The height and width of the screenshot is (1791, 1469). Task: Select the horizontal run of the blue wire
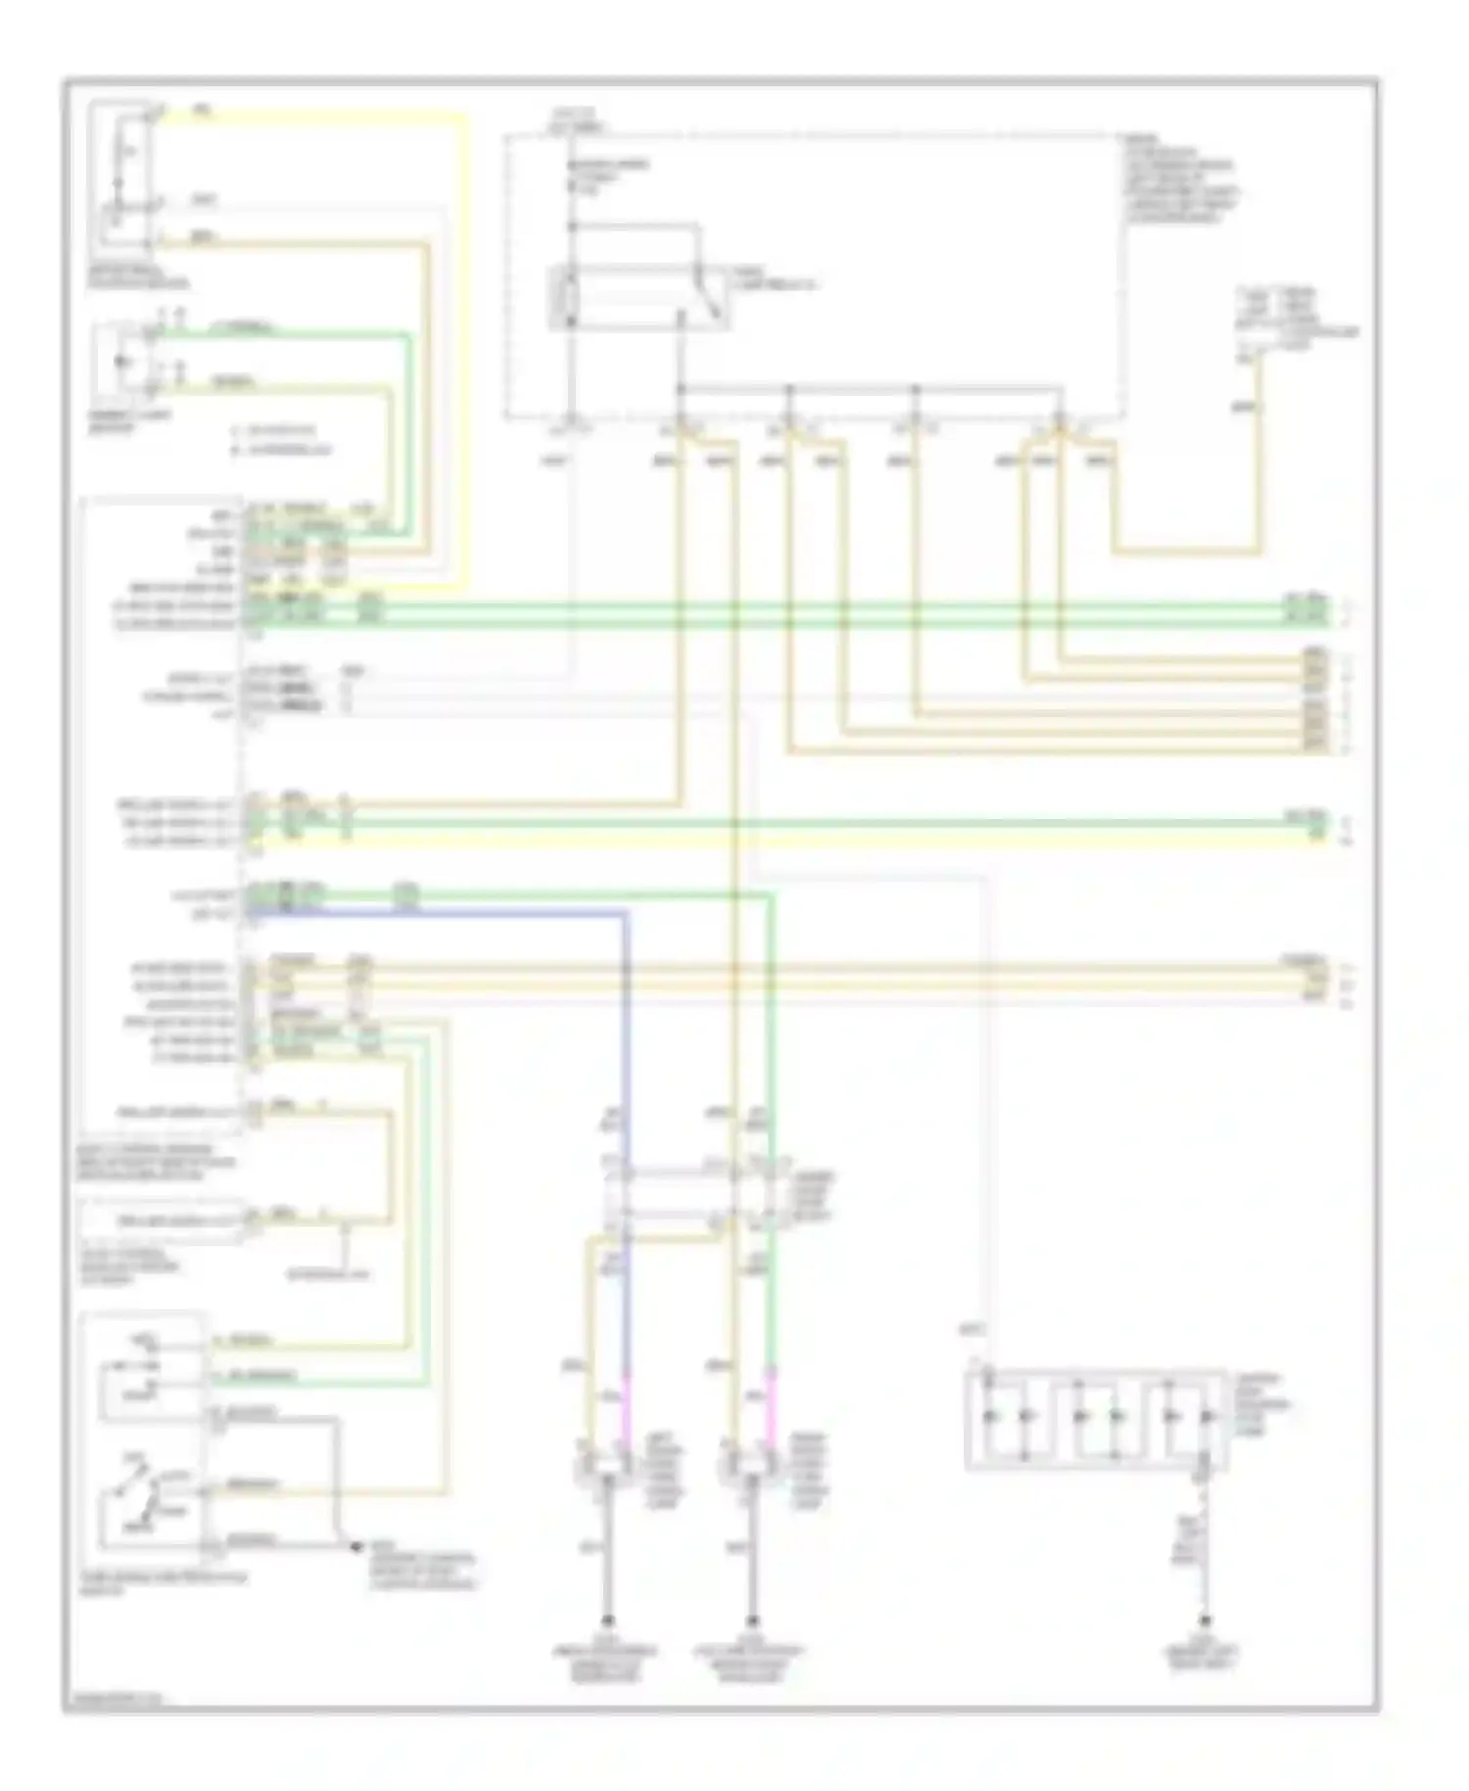(441, 914)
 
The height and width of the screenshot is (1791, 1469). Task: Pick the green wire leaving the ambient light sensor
(294, 336)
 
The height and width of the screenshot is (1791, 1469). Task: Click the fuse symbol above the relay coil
(572, 180)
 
